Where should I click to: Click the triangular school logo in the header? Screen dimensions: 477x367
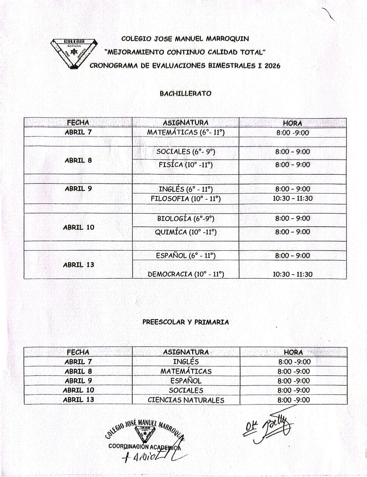[73, 53]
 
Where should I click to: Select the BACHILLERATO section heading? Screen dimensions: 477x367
[185, 94]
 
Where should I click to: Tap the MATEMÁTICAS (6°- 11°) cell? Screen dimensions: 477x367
[185, 132]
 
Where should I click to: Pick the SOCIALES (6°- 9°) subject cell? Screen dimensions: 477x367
[185, 152]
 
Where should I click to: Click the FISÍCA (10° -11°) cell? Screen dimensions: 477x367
[185, 165]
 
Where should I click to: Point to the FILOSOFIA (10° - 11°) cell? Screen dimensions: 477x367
[185, 199]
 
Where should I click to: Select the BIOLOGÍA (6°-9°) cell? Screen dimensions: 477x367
[185, 218]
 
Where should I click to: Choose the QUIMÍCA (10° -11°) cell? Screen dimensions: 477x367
[185, 232]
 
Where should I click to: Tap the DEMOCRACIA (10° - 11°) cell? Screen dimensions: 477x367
[185, 274]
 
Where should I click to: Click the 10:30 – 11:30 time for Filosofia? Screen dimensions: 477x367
[292, 199]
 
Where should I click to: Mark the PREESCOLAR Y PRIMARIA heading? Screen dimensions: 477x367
[185, 322]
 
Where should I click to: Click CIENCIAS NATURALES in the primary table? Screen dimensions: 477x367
[186, 400]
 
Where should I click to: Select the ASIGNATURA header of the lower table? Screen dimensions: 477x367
[186, 352]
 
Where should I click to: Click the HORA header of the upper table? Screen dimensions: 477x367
[292, 123]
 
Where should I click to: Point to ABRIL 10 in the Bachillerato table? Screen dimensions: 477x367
[78, 227]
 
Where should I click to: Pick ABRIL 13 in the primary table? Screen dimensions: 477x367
[78, 400]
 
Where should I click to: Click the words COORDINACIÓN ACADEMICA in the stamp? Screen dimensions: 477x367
[144, 446]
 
